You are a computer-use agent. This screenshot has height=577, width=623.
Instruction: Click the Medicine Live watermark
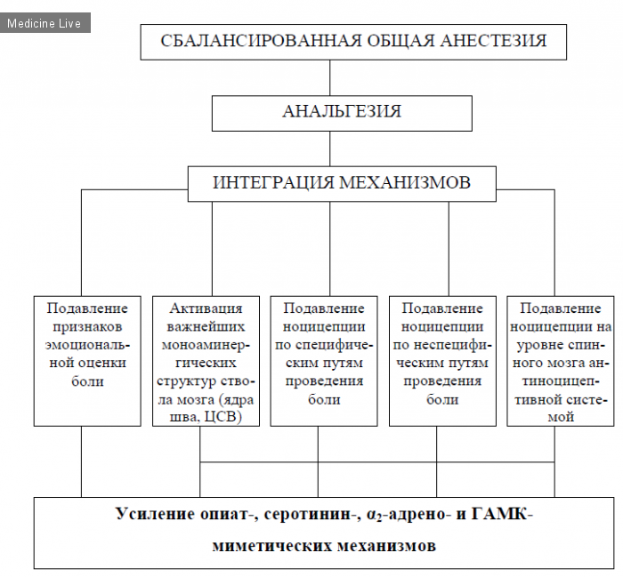pyautogui.click(x=44, y=23)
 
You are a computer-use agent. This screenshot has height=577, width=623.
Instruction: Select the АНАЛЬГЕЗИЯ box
pyautogui.click(x=342, y=113)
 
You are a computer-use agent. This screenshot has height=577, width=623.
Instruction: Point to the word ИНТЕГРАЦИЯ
pyautogui.click(x=273, y=182)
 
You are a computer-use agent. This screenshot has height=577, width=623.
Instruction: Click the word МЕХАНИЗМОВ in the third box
pyautogui.click(x=405, y=182)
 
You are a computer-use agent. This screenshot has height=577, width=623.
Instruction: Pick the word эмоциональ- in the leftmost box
pyautogui.click(x=87, y=344)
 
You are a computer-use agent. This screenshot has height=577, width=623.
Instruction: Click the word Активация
pyautogui.click(x=206, y=309)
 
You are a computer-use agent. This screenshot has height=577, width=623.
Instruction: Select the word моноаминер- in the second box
pyautogui.click(x=206, y=344)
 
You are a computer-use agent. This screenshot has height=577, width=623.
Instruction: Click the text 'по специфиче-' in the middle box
pyautogui.click(x=324, y=344)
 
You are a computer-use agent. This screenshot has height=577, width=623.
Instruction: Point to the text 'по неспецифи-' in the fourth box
pyautogui.click(x=442, y=344)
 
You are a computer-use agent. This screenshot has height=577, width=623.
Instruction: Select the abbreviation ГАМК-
pyautogui.click(x=502, y=514)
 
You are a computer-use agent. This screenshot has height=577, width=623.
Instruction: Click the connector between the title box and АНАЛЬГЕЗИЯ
pyautogui.click(x=330, y=77)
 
